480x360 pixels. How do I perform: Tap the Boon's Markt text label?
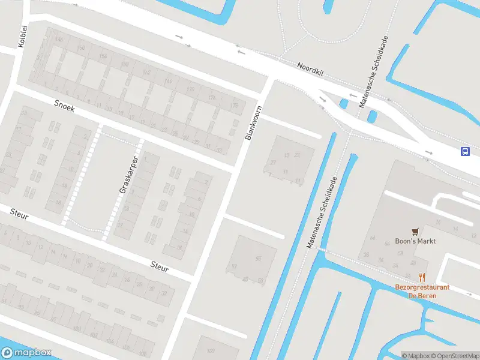coord(415,241)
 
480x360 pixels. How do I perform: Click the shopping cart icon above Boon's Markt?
coord(415,231)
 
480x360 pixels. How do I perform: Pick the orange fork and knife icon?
coord(422,277)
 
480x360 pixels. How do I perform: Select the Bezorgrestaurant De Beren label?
coord(422,291)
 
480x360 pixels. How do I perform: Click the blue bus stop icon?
coord(465,151)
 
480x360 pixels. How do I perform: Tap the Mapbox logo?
coord(26,353)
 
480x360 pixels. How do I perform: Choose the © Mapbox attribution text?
coord(415,356)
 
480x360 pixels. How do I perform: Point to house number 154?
coord(103,56)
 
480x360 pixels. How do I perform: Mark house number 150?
coord(82,47)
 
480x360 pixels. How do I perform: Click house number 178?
coord(211,98)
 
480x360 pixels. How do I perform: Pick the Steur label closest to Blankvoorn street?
coord(160,266)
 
